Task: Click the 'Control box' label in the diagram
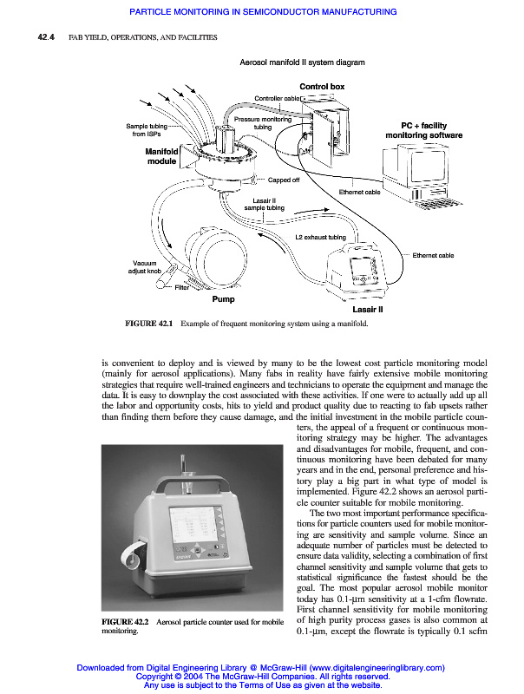point(322,87)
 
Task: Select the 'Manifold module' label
point(161,156)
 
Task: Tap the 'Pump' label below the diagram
point(223,299)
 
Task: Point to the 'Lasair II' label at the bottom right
point(368,309)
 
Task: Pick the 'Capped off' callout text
point(284,180)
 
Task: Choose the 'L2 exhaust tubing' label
point(320,237)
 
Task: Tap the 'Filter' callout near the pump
point(182,287)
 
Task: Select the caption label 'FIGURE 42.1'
point(150,324)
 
